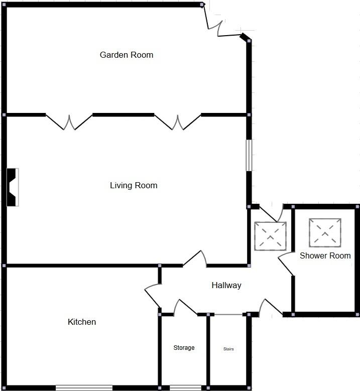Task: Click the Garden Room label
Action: (126, 55)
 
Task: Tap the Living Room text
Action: (134, 185)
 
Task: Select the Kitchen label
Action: (81, 322)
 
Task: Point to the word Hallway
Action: (226, 285)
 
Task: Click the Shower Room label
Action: (325, 255)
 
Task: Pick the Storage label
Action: (184, 348)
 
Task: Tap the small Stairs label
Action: (228, 349)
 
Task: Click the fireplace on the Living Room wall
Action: (12, 187)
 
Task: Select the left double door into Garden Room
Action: (69, 121)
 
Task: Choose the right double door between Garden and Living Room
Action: (177, 121)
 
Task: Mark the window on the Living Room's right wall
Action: (248, 155)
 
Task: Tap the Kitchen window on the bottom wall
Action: (84, 387)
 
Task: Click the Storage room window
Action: (185, 387)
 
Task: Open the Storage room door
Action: (185, 308)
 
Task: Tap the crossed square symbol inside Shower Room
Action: (325, 233)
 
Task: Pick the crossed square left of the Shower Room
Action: (270, 236)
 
